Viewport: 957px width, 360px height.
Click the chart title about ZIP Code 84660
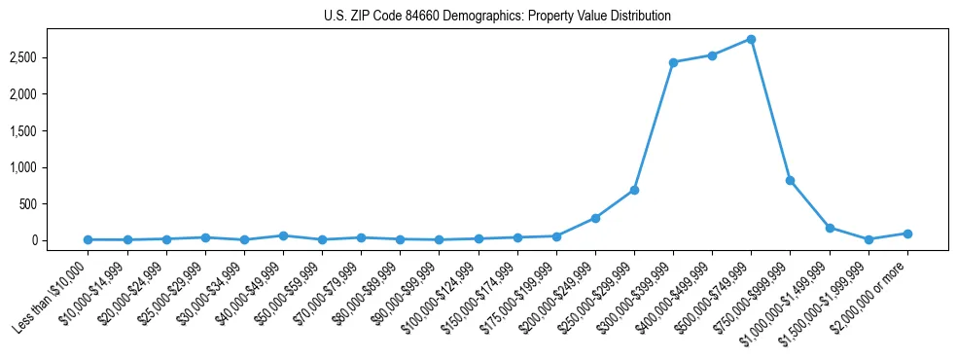tap(497, 17)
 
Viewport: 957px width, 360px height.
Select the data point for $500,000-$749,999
tap(751, 39)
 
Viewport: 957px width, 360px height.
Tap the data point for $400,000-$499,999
tap(712, 55)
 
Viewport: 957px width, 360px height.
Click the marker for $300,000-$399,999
tap(673, 62)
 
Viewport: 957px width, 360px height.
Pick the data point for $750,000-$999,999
tap(790, 180)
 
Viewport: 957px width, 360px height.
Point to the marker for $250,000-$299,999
tap(634, 190)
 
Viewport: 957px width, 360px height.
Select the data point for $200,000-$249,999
tap(595, 218)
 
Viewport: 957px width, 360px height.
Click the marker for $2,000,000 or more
tap(907, 234)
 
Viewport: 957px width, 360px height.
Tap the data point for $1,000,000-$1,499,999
tap(830, 228)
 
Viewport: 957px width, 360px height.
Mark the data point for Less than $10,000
tap(89, 239)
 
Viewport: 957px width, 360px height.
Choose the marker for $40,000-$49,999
tap(283, 235)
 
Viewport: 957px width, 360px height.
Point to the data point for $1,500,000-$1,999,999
tap(868, 239)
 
